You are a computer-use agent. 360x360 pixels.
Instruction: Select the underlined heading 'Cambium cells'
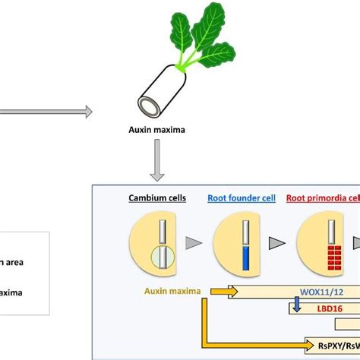click(x=157, y=200)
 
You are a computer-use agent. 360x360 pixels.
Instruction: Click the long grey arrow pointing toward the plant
click(x=46, y=112)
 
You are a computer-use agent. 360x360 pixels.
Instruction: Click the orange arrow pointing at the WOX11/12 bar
click(x=221, y=312)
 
